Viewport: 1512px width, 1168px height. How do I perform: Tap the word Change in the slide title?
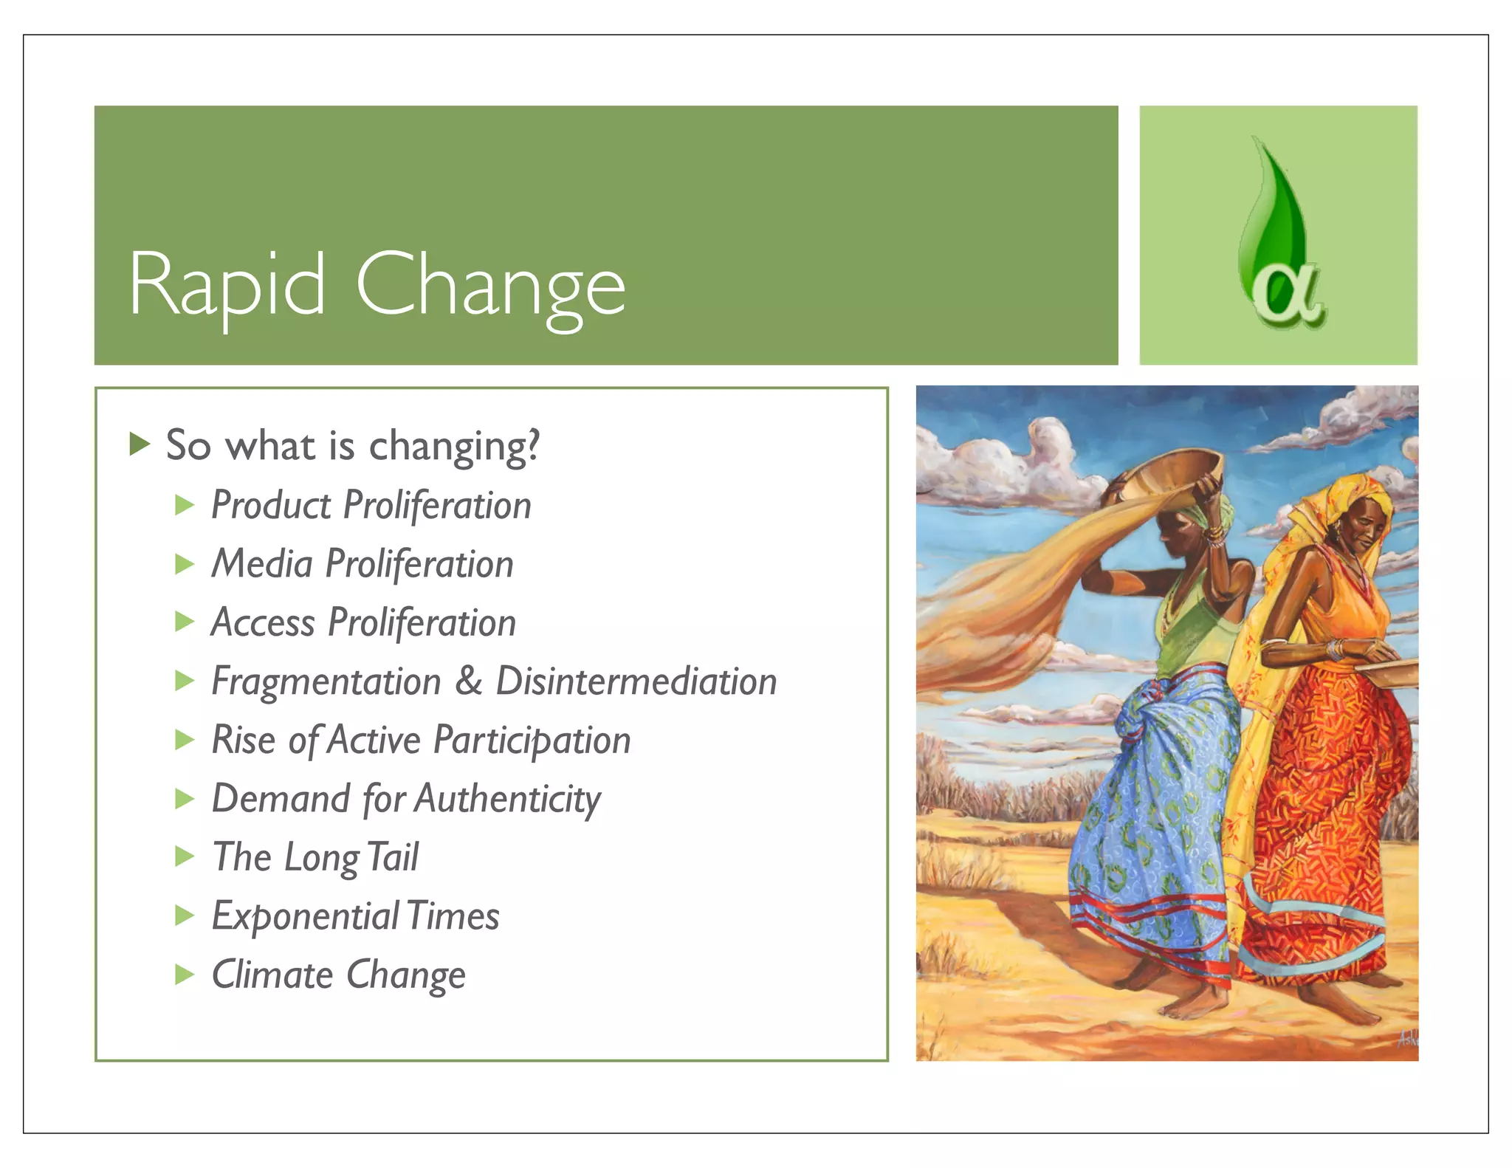coord(490,286)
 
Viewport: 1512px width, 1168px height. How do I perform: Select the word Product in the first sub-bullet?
coord(271,506)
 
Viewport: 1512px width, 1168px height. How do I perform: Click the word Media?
coord(262,564)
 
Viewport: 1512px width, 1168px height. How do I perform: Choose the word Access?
coord(263,622)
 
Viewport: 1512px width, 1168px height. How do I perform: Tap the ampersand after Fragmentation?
coord(468,681)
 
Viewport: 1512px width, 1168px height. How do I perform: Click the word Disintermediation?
coord(636,681)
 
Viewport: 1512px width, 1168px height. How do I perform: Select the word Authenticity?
coord(508,800)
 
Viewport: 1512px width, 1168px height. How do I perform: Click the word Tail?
coord(393,858)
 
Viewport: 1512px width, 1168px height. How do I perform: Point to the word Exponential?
coord(305,917)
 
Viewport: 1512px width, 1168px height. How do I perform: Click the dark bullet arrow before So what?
coord(140,444)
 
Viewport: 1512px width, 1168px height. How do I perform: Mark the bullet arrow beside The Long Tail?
coord(185,857)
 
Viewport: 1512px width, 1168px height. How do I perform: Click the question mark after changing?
coord(532,445)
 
